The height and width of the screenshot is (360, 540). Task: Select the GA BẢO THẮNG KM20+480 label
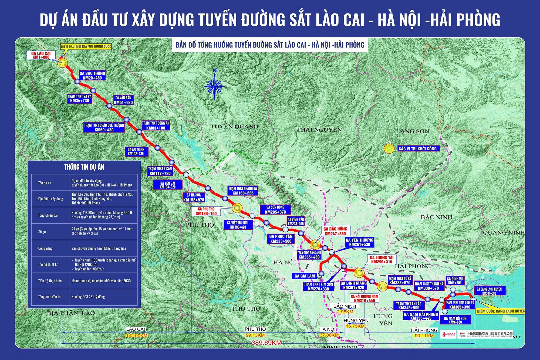(x=92, y=76)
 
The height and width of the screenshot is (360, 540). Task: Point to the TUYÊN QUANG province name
(x=234, y=126)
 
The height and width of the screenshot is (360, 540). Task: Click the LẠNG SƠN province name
(x=412, y=131)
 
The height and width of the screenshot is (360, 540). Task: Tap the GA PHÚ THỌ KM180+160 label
(x=206, y=211)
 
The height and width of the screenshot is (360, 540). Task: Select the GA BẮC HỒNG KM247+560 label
(x=335, y=231)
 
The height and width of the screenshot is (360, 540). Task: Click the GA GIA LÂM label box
(x=305, y=276)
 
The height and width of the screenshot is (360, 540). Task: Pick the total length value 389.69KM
(x=266, y=343)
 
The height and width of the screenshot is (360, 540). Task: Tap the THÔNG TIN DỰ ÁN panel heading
(x=84, y=167)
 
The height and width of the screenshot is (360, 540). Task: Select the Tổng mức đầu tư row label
(x=49, y=297)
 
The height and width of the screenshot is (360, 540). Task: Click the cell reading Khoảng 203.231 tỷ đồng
(x=88, y=297)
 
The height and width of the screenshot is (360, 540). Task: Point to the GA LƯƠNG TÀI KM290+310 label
(x=382, y=260)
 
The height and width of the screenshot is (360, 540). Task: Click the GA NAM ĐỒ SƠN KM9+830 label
(x=455, y=320)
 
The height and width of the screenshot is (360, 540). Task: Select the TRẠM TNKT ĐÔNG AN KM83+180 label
(x=156, y=125)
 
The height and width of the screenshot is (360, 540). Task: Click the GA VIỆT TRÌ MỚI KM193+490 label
(x=238, y=225)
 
